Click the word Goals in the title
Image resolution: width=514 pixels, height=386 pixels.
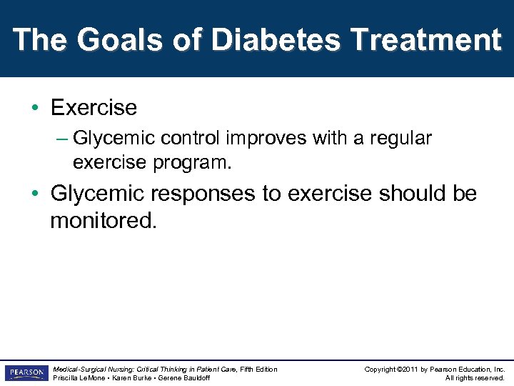click(x=116, y=40)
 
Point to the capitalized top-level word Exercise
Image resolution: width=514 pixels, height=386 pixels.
click(x=94, y=108)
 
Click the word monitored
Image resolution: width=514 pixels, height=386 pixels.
click(x=102, y=221)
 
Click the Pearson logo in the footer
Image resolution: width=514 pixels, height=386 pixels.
click(x=25, y=373)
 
